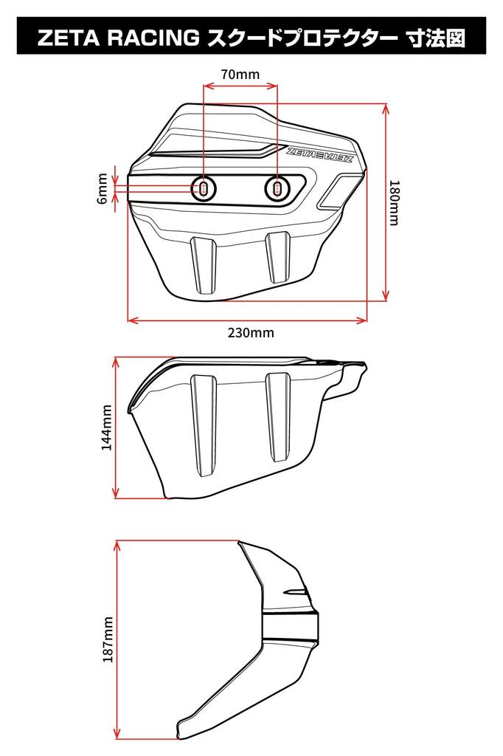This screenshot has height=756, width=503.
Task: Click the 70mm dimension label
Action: pos(240,74)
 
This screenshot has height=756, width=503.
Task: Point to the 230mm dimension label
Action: pos(250,332)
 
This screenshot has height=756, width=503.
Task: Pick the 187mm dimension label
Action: pos(108,639)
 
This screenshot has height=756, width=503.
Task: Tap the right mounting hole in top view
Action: pos(277,189)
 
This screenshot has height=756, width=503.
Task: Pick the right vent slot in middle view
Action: pos(279,418)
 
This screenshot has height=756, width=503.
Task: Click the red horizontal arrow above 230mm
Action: pos(248,320)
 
